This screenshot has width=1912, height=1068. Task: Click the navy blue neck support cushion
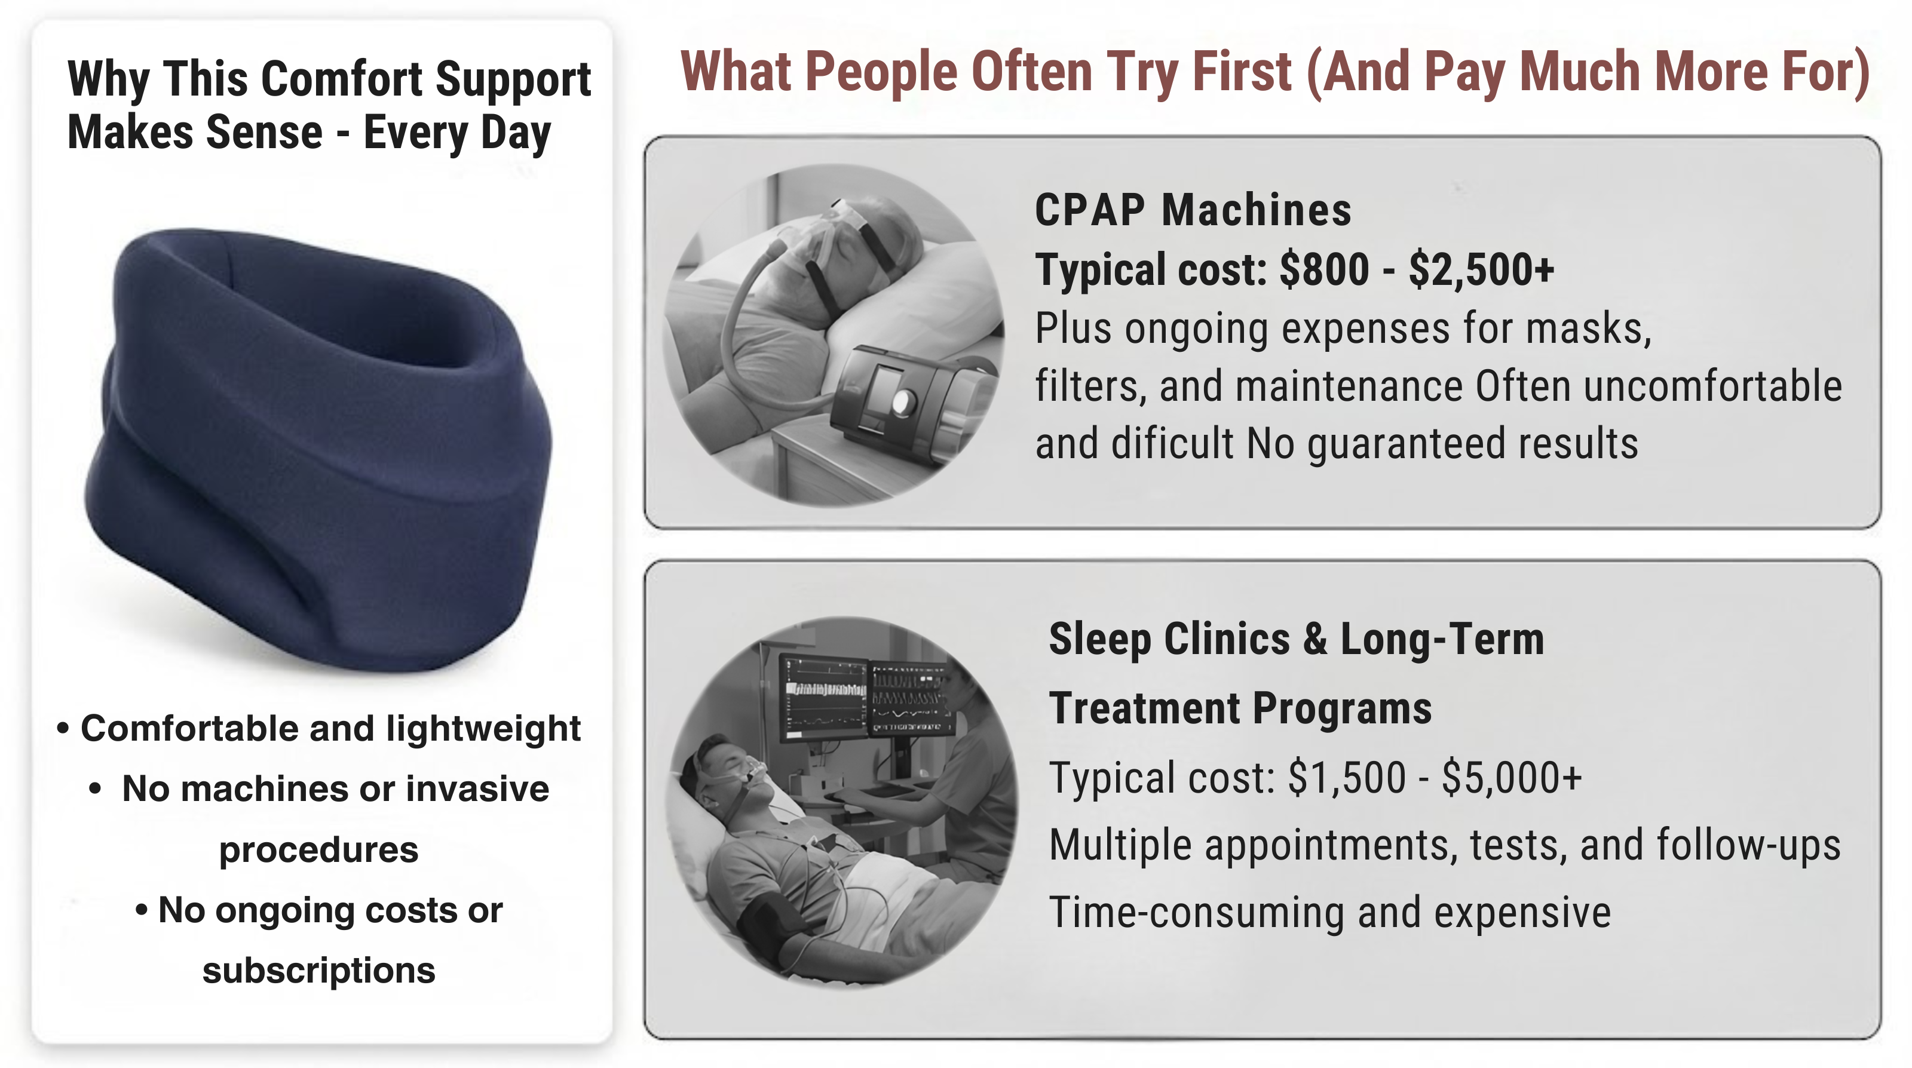pyautogui.click(x=319, y=449)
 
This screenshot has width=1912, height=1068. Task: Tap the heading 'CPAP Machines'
pyautogui.click(x=1193, y=210)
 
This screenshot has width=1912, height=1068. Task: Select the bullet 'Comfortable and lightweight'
pyautogui.click(x=319, y=729)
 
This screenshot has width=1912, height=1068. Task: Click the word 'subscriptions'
pyautogui.click(x=319, y=971)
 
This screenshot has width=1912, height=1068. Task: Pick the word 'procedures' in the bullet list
pyautogui.click(x=319, y=851)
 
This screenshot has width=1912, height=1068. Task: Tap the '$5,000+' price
pyautogui.click(x=1512, y=778)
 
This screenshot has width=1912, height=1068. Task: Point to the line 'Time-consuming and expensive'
pyautogui.click(x=1330, y=913)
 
